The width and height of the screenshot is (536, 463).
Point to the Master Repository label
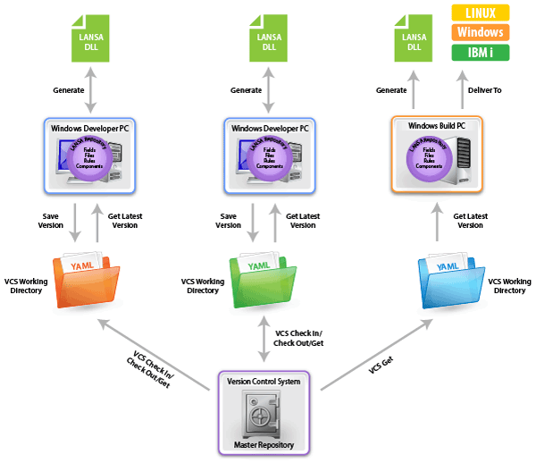tap(264, 444)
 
